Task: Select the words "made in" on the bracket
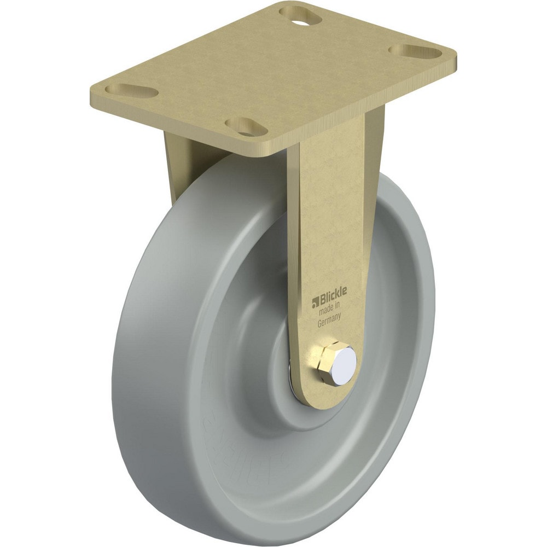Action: [333, 311]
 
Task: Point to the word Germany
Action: [331, 322]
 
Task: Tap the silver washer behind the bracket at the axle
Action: [292, 377]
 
